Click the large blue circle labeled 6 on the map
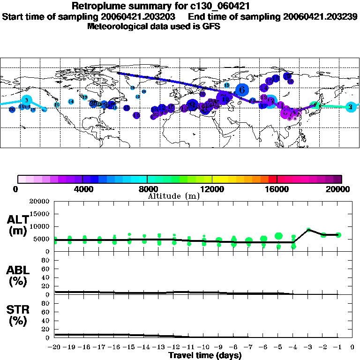tap(242, 90)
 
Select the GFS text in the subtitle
tap(211, 26)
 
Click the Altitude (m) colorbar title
tap(173, 196)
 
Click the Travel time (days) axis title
tap(205, 356)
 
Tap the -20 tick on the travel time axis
tap(55, 347)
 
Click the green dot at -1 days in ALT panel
tap(338, 235)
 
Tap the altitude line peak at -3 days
tap(308, 230)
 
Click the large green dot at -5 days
tap(279, 236)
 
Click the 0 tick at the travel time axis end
tap(353, 347)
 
